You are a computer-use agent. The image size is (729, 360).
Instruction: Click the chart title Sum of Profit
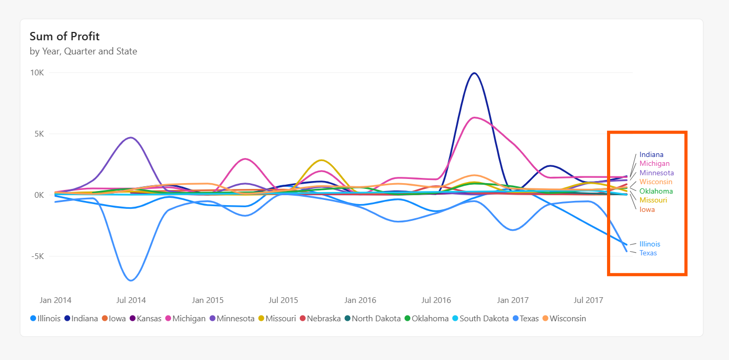tap(64, 36)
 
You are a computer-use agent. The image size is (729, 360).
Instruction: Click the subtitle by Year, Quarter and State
tap(83, 51)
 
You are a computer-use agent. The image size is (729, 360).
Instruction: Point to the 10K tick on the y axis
tap(37, 73)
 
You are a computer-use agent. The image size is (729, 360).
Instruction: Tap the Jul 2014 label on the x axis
tap(131, 300)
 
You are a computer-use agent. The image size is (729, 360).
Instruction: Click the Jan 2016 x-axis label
tap(360, 300)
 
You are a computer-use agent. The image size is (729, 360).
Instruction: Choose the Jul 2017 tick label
tap(588, 300)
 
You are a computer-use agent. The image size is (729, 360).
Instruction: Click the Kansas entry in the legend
tap(149, 318)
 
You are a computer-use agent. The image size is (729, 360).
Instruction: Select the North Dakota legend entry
tap(375, 318)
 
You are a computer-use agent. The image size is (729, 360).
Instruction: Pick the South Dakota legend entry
tap(484, 318)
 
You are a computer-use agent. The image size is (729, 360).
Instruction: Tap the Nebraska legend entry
tap(323, 318)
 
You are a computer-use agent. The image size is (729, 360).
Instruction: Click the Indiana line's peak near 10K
tap(474, 73)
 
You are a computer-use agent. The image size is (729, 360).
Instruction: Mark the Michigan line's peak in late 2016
tap(474, 118)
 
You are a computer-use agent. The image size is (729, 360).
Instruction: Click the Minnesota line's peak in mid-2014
tap(131, 138)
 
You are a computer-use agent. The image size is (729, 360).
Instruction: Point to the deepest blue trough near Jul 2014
tap(131, 280)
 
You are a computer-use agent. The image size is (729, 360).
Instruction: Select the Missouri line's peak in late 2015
tap(321, 160)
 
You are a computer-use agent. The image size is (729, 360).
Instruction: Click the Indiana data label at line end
tap(651, 154)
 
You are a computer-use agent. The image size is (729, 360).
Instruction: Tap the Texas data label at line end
tap(648, 253)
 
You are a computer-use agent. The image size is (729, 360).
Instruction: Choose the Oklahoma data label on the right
tap(656, 191)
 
